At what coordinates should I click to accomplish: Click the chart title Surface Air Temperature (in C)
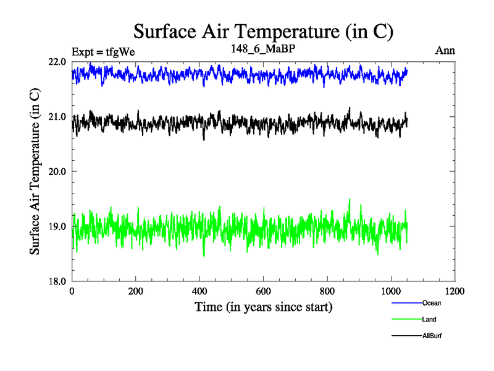coord(263,31)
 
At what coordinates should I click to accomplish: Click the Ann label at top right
coord(445,51)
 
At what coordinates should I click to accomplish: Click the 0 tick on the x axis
coord(72,291)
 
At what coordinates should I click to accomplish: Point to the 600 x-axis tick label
coord(264,291)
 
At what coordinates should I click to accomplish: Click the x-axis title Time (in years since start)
coord(264,307)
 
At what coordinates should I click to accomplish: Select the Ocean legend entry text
coord(432,303)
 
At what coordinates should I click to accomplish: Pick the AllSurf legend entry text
coord(432,336)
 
